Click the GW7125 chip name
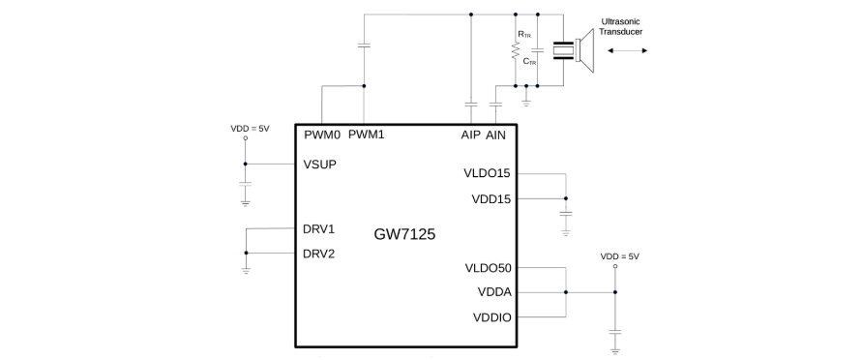[404, 234]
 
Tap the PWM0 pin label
[323, 135]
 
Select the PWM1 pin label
[367, 135]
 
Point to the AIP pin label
[470, 135]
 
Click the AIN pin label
[496, 135]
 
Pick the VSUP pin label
[320, 165]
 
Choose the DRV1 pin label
[319, 229]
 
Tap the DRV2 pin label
[319, 254]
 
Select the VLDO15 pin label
[487, 173]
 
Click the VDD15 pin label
[490, 199]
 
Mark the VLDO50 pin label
[489, 268]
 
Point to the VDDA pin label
[494, 292]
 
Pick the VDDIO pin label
[492, 317]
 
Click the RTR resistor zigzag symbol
[516, 51]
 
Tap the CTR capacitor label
[529, 62]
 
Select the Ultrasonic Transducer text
[621, 27]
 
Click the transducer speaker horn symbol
[585, 50]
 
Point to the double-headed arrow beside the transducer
[627, 50]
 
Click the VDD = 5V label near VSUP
[251, 129]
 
